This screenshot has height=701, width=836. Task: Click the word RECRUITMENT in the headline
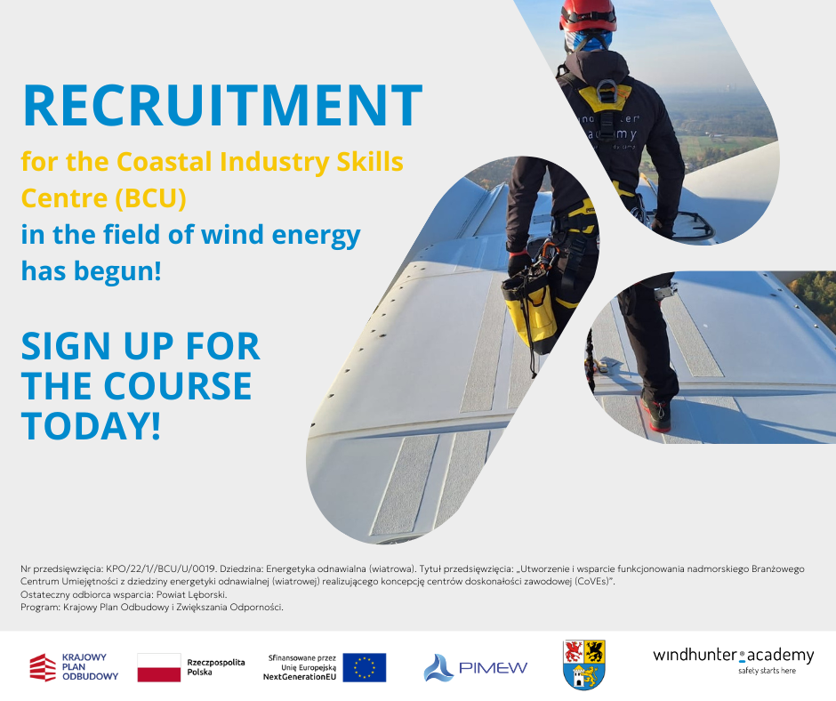tap(223, 105)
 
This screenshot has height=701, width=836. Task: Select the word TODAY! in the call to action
tap(92, 426)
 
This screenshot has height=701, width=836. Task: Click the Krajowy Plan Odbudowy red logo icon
tap(43, 667)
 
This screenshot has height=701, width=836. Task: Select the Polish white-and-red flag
tap(159, 667)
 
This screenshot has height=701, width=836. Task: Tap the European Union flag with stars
tap(364, 667)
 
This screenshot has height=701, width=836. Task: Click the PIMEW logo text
tap(493, 667)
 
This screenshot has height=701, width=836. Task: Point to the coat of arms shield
tap(583, 665)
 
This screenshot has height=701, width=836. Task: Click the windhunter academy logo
tap(734, 660)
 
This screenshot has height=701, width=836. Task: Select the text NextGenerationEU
tap(300, 677)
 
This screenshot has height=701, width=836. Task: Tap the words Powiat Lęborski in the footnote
tap(191, 594)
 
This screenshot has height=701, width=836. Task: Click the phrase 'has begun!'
tap(92, 271)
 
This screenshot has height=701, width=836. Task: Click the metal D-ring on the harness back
tap(607, 91)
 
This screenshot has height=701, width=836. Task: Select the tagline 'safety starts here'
tap(767, 671)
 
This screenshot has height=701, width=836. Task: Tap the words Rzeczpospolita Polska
tap(215, 667)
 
